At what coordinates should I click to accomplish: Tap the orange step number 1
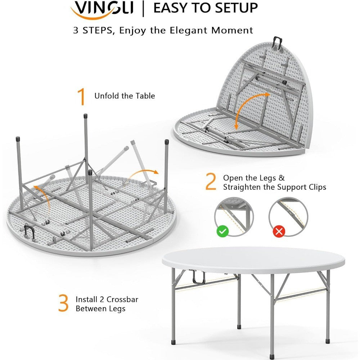(82, 96)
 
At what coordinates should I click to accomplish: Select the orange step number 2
(211, 182)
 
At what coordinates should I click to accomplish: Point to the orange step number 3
(63, 303)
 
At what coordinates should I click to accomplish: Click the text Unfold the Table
(125, 96)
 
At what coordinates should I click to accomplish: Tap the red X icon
(278, 231)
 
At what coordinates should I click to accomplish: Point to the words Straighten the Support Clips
(274, 187)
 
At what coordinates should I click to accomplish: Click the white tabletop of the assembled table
(252, 259)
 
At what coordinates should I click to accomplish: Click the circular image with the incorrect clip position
(288, 216)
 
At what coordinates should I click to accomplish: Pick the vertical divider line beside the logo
(144, 9)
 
